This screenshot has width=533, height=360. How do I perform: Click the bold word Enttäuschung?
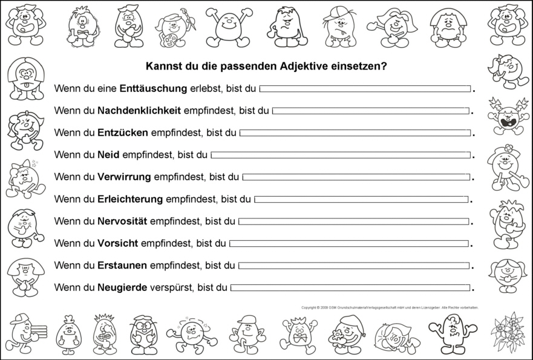(x=153, y=88)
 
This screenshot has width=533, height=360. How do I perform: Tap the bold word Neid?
(x=108, y=155)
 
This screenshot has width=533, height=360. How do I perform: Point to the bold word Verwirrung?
(x=124, y=177)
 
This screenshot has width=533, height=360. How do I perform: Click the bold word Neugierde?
(x=122, y=287)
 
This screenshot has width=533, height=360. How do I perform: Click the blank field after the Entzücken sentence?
(x=355, y=133)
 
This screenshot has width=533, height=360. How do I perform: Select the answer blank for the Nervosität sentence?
(x=353, y=221)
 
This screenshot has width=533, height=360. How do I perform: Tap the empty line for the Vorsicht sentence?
(x=349, y=243)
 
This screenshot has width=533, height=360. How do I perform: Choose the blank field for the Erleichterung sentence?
(x=361, y=199)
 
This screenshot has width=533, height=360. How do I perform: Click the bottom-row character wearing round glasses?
(x=143, y=333)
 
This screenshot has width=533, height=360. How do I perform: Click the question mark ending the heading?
(x=384, y=66)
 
